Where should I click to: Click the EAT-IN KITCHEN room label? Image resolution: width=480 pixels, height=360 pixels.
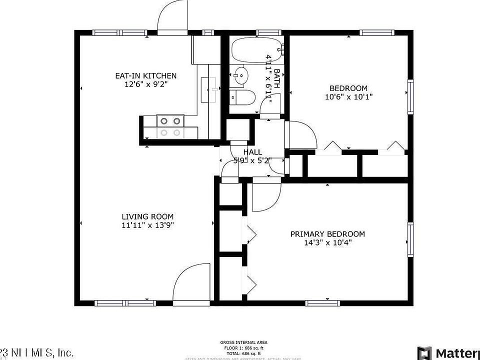pos(145,75)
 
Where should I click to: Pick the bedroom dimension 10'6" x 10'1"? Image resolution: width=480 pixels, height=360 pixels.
pos(348,97)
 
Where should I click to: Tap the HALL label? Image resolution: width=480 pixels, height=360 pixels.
pos(252,152)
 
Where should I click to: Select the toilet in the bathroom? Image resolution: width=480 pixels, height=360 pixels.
pos(240,96)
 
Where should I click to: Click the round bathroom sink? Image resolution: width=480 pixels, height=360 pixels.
pos(239,75)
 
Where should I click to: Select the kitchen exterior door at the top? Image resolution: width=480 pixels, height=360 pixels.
pos(172,16)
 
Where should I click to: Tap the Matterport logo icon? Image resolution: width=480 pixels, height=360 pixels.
pos(424,352)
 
